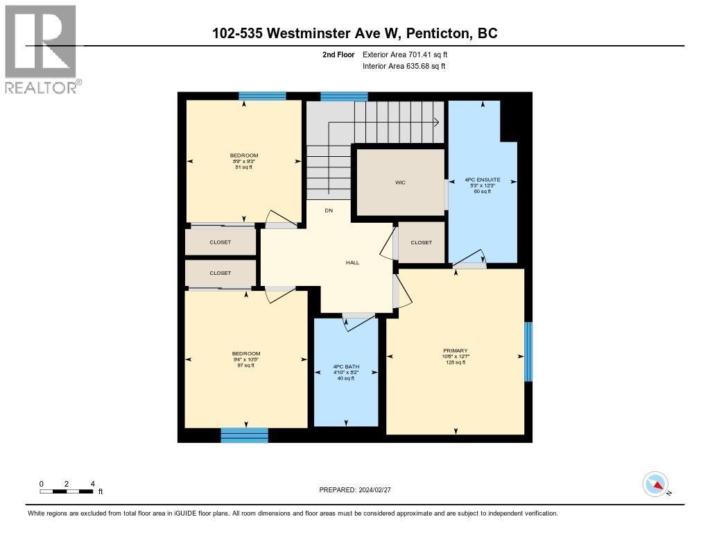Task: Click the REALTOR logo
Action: (x=41, y=49)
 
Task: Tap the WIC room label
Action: (x=400, y=183)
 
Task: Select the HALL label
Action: (x=353, y=262)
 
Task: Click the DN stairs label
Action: (x=329, y=210)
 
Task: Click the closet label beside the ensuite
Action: (x=421, y=242)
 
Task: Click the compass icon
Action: (x=655, y=484)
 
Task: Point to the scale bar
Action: (x=67, y=491)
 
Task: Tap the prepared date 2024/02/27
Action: (x=360, y=490)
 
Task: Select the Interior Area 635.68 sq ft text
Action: (x=404, y=66)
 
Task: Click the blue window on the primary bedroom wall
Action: (x=528, y=351)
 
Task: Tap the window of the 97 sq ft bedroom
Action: (x=244, y=435)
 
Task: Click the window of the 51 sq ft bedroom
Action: (x=262, y=96)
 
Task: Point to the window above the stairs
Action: (x=344, y=96)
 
